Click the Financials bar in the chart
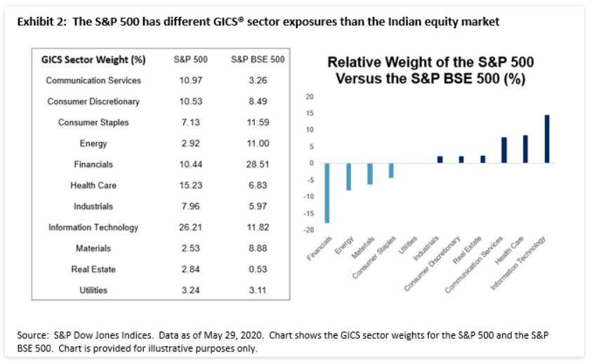click(x=327, y=193)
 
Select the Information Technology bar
click(x=546, y=139)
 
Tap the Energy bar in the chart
click(x=348, y=176)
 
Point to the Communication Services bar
click(x=504, y=150)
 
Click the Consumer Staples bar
click(x=391, y=170)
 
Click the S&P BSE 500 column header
click(x=257, y=60)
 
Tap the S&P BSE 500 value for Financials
click(x=256, y=164)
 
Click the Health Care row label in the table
click(x=93, y=186)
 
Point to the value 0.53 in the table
click(x=256, y=269)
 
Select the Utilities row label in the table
click(x=93, y=290)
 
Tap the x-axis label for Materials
click(x=363, y=251)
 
